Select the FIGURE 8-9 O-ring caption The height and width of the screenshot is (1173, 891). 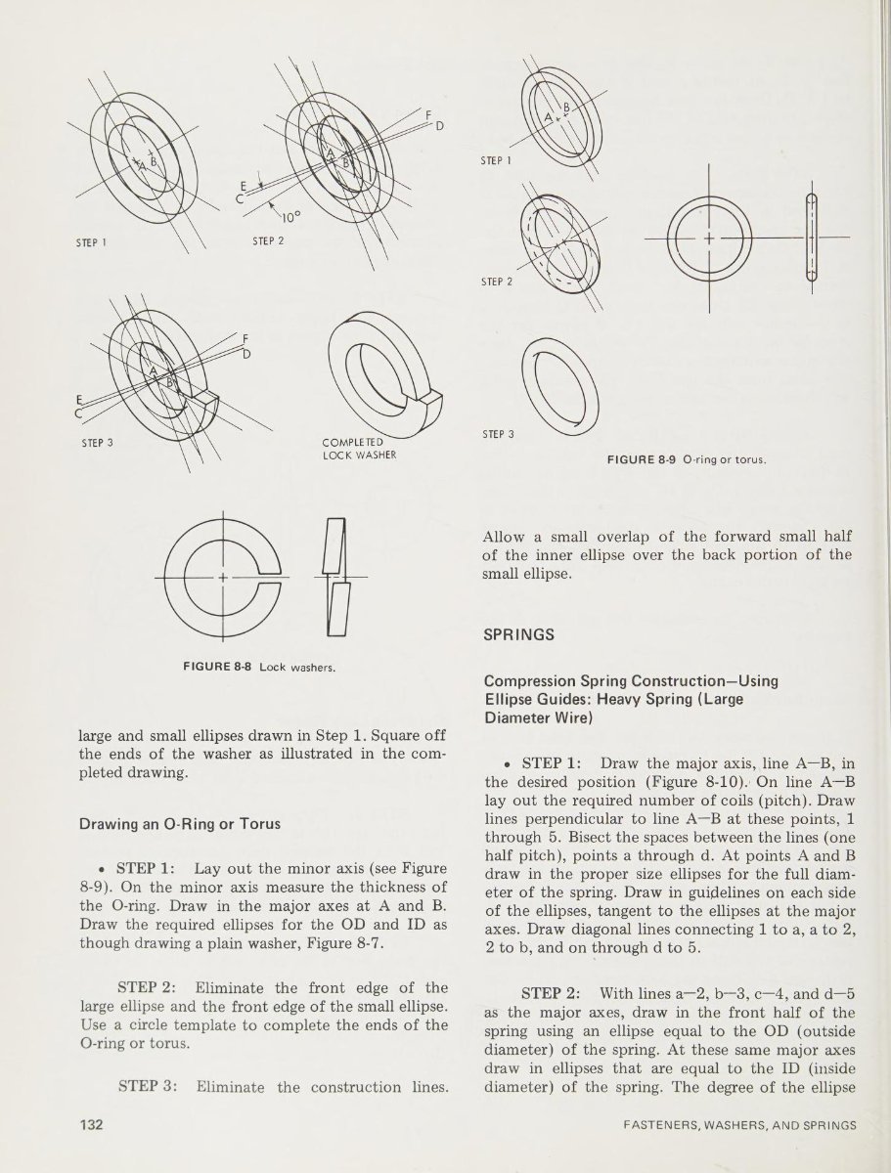pos(685,457)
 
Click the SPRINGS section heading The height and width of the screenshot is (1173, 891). pos(519,634)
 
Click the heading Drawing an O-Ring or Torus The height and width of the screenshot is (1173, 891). pos(180,823)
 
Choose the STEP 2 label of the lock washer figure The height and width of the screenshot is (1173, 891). pos(266,242)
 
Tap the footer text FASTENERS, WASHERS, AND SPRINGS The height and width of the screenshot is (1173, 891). pos(740,1125)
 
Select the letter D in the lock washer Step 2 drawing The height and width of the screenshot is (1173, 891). pos(439,126)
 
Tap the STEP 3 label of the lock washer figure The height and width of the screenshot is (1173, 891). pos(98,442)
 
